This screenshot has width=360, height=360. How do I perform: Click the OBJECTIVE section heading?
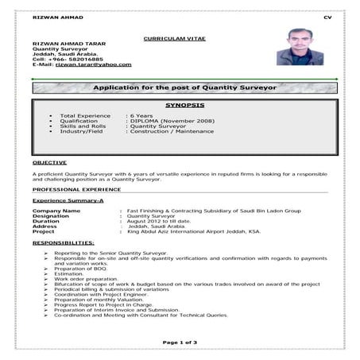coord(49,161)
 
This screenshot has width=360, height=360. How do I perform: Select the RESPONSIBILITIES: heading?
coord(64,241)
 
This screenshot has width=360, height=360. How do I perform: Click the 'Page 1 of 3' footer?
coord(179,341)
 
